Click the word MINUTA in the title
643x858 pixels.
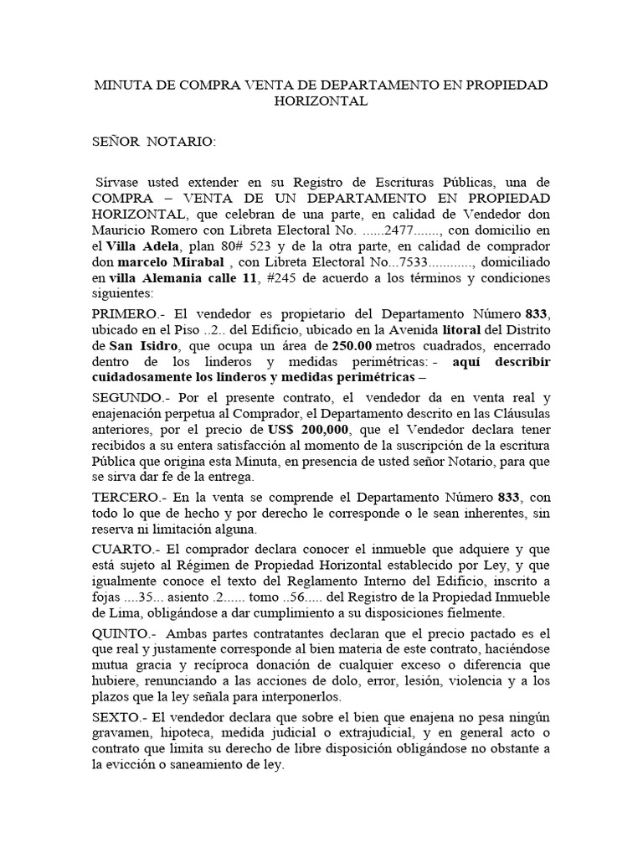pyautogui.click(x=120, y=85)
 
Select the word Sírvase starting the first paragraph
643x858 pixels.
pyautogui.click(x=121, y=182)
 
